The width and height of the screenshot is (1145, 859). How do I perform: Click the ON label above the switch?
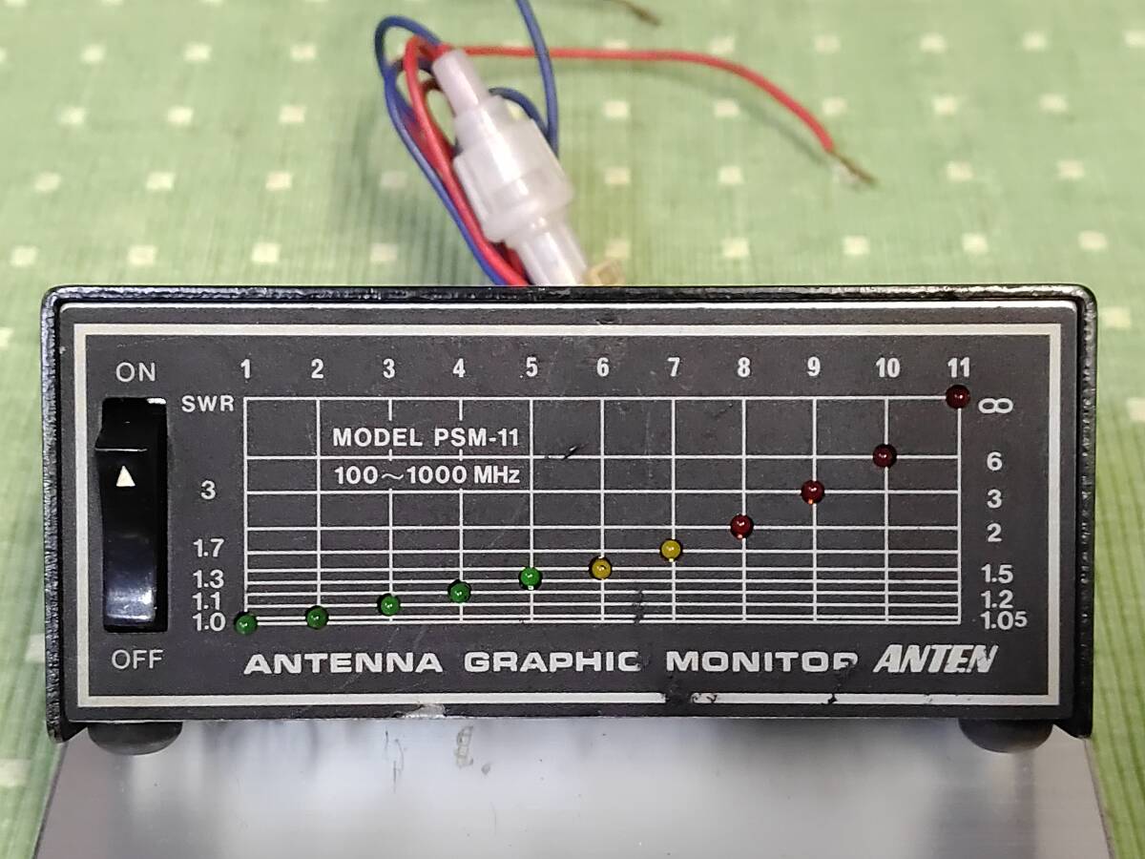tap(135, 372)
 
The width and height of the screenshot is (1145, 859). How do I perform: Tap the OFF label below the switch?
tap(136, 660)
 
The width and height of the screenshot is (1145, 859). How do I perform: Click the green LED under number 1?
tap(246, 623)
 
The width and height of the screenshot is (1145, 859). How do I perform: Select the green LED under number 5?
tap(531, 577)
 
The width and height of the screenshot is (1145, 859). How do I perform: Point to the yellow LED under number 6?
tap(601, 568)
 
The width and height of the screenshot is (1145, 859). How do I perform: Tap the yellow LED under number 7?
tap(671, 550)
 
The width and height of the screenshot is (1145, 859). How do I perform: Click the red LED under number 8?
tap(741, 526)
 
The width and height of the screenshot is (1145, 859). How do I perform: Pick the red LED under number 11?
tap(958, 397)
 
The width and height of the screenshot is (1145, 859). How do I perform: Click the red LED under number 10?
tap(885, 456)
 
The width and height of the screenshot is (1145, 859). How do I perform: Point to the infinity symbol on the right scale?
tap(995, 406)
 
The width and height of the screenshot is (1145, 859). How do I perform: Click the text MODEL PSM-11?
tap(426, 437)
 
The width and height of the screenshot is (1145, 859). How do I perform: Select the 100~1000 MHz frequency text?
tap(427, 475)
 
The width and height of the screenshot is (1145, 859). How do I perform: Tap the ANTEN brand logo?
tap(935, 660)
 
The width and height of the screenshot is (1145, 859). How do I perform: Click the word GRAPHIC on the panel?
tap(552, 661)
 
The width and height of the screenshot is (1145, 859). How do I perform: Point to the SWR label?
tap(208, 404)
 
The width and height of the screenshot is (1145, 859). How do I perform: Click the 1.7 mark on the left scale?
tap(208, 549)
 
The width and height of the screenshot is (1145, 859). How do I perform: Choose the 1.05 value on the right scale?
tap(1004, 620)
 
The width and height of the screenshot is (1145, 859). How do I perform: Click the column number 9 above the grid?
tap(813, 367)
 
